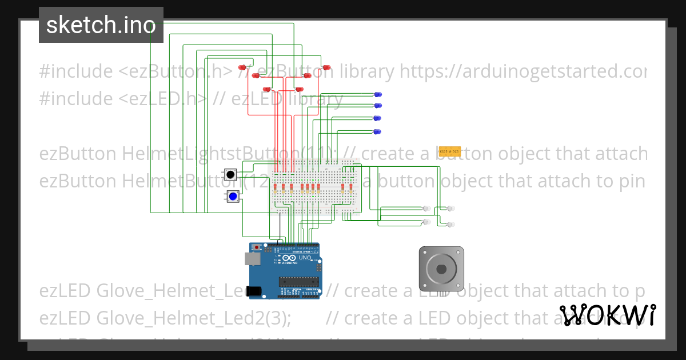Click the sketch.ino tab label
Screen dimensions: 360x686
pyautogui.click(x=101, y=25)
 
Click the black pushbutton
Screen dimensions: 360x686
pyautogui.click(x=230, y=174)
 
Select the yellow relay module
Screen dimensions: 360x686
pyautogui.click(x=449, y=151)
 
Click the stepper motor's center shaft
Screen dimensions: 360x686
pyautogui.click(x=441, y=269)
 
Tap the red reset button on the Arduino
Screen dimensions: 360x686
pyautogui.click(x=257, y=247)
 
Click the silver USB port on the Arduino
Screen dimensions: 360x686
pyautogui.click(x=252, y=259)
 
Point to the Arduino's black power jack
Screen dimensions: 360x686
pyautogui.click(x=254, y=291)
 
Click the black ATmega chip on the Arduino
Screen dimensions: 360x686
pyautogui.click(x=298, y=281)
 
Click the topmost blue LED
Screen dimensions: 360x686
pyautogui.click(x=378, y=94)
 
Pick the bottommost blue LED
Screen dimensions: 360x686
pyautogui.click(x=377, y=132)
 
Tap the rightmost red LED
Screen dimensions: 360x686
pyautogui.click(x=327, y=67)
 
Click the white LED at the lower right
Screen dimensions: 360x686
pyautogui.click(x=450, y=225)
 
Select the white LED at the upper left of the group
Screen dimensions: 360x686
pyautogui.click(x=426, y=209)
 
